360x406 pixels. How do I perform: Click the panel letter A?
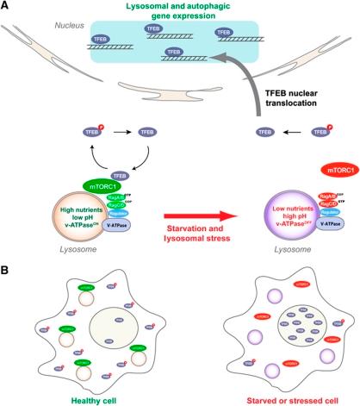7,7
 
